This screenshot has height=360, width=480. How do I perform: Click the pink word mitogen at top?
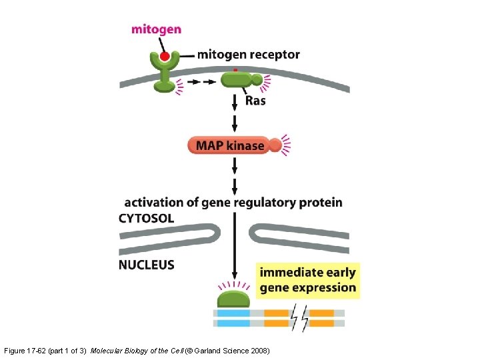pyautogui.click(x=156, y=29)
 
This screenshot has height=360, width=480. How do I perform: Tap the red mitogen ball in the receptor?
pyautogui.click(x=165, y=55)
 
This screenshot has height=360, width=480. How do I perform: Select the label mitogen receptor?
pyautogui.click(x=248, y=55)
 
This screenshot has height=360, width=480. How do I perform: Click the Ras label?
pyautogui.click(x=255, y=101)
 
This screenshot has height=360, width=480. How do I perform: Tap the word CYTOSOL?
pyautogui.click(x=147, y=218)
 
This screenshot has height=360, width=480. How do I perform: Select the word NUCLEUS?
pyautogui.click(x=147, y=265)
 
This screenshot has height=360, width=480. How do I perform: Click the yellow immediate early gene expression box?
pyautogui.click(x=307, y=280)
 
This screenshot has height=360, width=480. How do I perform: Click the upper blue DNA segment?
pyautogui.click(x=231, y=312)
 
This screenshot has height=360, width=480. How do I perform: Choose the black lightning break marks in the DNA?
pyautogui.click(x=299, y=317)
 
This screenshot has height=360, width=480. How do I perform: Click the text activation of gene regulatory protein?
pyautogui.click(x=233, y=202)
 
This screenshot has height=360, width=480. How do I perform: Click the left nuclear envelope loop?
pyautogui.click(x=170, y=234)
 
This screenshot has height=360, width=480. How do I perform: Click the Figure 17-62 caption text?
pyautogui.click(x=45, y=350)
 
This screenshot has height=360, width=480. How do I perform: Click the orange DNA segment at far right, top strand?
pyautogui.click(x=322, y=312)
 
